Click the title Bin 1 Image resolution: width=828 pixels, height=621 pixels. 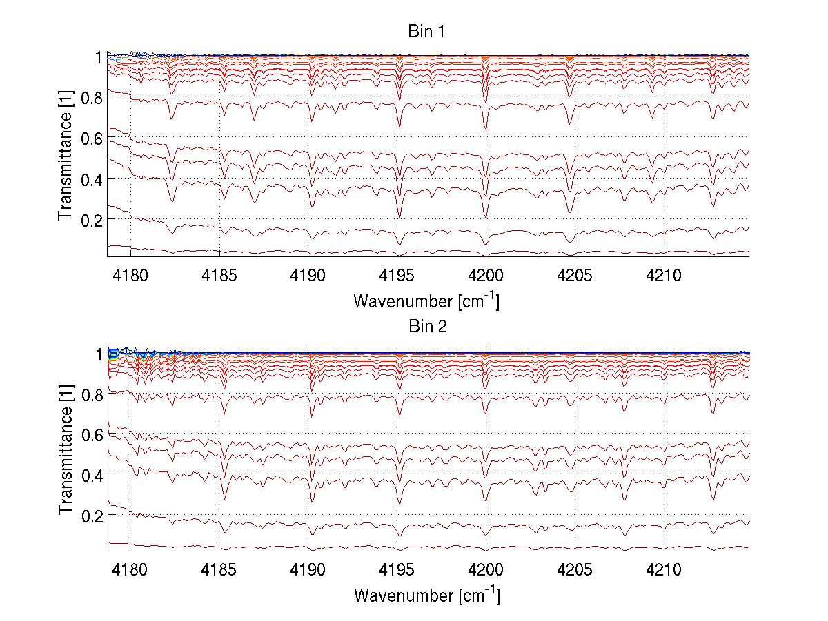428,32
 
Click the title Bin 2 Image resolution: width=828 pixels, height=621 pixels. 428,327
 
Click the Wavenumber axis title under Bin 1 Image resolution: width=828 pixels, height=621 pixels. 426,301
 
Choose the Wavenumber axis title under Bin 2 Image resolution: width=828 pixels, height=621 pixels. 426,595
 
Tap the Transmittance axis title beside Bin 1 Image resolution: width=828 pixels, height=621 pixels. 66,156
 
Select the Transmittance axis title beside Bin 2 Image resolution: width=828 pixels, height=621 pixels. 66,451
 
